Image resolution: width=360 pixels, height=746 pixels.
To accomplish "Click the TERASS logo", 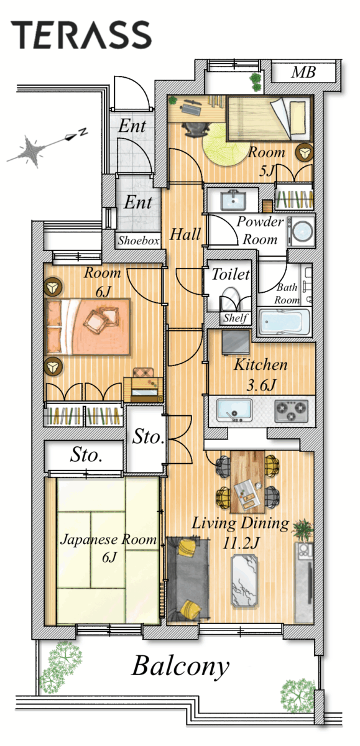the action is point(81,35).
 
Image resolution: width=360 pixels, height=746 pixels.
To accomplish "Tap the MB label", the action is point(303,72).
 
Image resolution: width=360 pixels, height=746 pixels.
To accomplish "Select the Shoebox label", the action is point(139,240).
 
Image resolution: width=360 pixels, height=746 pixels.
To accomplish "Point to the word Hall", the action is point(185,234).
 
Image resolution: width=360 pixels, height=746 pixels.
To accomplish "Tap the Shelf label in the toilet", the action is point(236,318).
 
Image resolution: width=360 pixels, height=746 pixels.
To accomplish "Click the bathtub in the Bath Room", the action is point(284,321).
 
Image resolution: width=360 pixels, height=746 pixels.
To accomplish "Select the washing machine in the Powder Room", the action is point(301,231).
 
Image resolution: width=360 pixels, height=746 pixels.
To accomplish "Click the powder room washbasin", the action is point(233,200).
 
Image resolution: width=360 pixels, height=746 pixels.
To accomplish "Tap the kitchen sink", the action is point(234,410).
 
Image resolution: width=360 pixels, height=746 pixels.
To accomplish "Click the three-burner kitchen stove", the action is point(291,411).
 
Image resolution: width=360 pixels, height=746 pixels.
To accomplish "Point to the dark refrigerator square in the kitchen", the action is point(236,342).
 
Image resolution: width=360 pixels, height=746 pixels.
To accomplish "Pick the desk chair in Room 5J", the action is point(196,129).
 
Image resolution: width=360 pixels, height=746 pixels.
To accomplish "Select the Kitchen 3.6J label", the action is point(261,375).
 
